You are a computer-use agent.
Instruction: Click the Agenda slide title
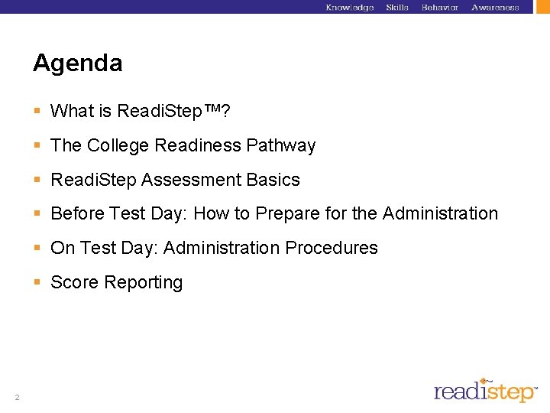77,63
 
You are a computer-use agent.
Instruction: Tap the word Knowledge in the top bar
349,8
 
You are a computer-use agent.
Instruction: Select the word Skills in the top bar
397,8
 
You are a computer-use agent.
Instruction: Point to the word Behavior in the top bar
439,8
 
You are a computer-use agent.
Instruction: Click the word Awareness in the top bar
495,8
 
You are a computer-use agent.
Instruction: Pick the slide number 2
17,396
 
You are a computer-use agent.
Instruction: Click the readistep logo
486,391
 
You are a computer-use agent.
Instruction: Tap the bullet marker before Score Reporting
37,282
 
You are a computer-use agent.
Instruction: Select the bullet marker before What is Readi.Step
37,111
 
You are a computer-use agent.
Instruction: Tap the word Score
74,282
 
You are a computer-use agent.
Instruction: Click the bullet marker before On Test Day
37,248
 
